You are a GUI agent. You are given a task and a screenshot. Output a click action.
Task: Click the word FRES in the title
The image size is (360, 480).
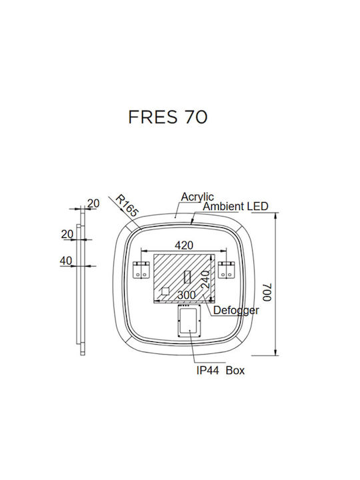click(x=153, y=117)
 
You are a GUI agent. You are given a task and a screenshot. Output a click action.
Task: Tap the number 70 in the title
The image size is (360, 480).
click(x=195, y=117)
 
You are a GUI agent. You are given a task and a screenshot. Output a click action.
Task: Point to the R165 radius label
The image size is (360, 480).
click(x=127, y=206)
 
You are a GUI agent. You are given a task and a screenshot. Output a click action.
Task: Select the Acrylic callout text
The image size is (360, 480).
click(x=197, y=197)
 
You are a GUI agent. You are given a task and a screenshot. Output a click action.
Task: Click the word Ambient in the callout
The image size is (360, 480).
click(x=223, y=206)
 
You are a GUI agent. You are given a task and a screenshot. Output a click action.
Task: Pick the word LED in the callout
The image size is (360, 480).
click(x=258, y=206)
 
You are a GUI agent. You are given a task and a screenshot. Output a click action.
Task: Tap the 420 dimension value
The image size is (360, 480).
click(x=184, y=245)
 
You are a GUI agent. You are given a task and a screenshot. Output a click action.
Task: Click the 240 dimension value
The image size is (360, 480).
click(x=205, y=279)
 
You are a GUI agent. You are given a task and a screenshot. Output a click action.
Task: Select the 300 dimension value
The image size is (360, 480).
click(x=187, y=295)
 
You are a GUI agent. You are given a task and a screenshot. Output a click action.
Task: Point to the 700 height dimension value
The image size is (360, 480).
click(x=267, y=293)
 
